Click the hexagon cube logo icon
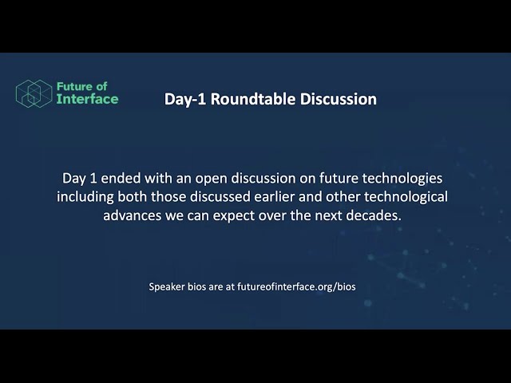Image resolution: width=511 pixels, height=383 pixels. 34,93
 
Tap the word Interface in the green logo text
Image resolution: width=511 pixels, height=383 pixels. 87,99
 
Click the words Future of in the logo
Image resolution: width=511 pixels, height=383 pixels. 81,86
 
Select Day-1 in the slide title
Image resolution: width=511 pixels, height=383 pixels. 185,99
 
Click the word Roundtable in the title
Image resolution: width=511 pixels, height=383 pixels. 253,99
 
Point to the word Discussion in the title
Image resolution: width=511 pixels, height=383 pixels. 339,99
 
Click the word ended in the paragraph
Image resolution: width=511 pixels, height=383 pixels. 121,178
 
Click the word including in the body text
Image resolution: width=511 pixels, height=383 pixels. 85,198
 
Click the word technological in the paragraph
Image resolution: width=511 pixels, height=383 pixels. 406,198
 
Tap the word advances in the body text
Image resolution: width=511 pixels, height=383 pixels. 132,215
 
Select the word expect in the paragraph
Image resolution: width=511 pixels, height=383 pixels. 234,216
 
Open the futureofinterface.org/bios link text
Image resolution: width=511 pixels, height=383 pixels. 296,287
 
